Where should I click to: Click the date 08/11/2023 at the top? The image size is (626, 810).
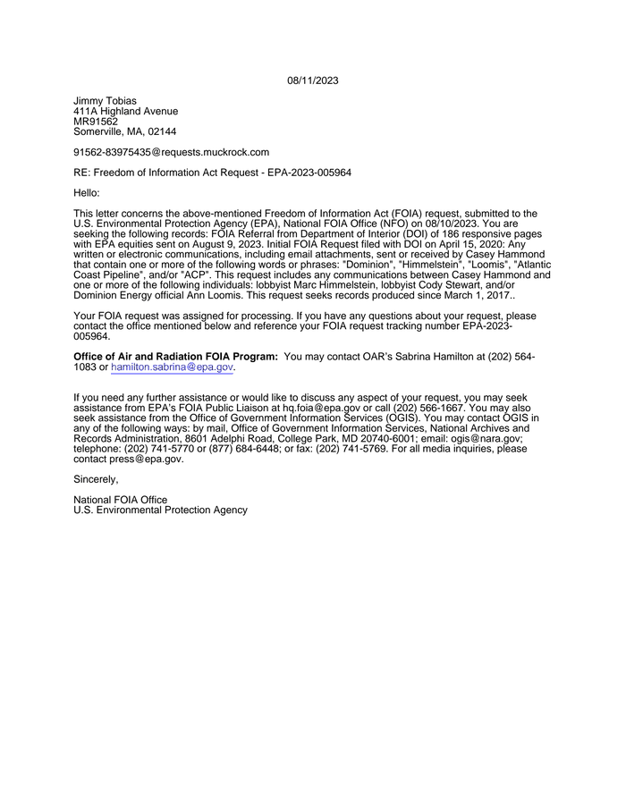coord(313,80)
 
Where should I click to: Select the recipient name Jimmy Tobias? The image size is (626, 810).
coord(105,101)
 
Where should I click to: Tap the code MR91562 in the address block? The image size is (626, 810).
coord(96,122)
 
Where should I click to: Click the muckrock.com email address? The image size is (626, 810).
coord(171,152)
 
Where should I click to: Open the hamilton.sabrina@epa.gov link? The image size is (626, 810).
coord(172,367)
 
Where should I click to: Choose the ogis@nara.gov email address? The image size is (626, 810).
coord(482,439)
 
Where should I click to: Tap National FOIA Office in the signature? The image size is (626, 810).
coord(120,500)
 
